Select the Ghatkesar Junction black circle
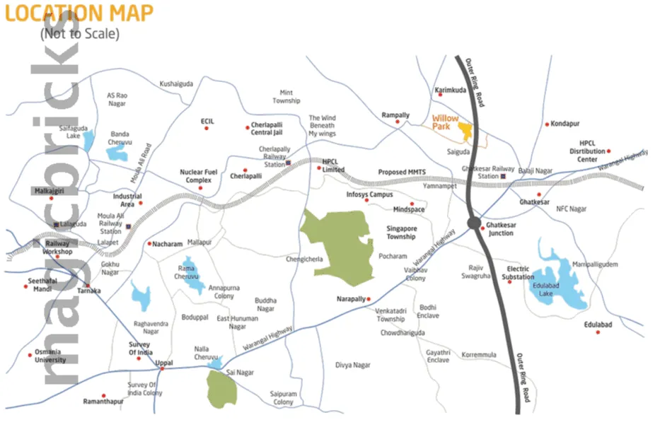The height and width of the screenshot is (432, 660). [x=473, y=224]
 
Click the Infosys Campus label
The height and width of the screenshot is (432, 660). [x=369, y=194]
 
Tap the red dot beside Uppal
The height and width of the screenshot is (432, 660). [x=163, y=369]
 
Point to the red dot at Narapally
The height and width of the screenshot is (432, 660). [x=369, y=299]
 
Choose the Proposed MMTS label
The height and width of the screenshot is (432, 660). [x=402, y=172]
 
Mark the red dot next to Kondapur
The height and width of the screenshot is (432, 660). [x=547, y=124]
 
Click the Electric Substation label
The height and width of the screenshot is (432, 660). [x=519, y=273]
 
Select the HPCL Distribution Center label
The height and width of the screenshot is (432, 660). [x=587, y=151]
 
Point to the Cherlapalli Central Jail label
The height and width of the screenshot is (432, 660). [x=267, y=129]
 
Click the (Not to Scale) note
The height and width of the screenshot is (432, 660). [x=79, y=33]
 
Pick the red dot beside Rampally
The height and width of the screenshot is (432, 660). [x=398, y=122]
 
